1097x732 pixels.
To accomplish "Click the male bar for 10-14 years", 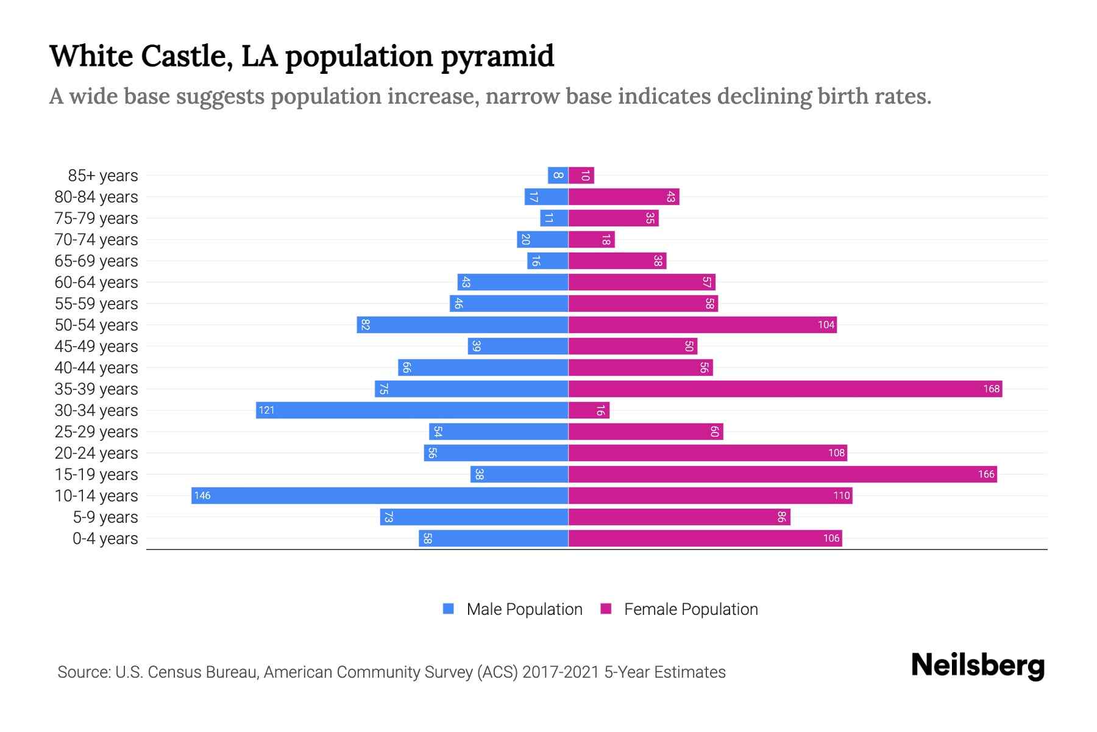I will click(379, 495).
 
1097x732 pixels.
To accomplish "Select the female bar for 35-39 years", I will click(785, 389).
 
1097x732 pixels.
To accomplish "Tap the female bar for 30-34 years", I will click(589, 410).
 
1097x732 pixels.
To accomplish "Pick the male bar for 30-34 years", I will click(412, 410).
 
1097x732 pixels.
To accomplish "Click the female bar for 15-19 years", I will click(783, 474).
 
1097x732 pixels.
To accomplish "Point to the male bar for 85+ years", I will click(558, 176).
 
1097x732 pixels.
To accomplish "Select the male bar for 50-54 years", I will click(462, 325).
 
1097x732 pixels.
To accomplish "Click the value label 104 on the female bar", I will click(826, 325).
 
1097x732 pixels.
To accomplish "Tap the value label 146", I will click(202, 496).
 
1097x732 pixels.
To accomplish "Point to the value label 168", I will click(991, 389).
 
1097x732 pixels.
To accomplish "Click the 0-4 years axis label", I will click(105, 539).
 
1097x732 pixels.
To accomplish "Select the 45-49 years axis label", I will click(96, 346).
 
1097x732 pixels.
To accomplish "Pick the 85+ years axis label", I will click(102, 176).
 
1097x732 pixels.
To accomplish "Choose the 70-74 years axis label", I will click(96, 240).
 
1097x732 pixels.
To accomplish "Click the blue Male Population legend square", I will click(449, 609).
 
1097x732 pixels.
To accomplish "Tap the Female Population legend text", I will click(691, 609).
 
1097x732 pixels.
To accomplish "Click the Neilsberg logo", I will click(978, 666).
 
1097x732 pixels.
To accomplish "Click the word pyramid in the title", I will click(497, 56).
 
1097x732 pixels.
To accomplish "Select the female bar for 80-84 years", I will click(623, 196).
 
